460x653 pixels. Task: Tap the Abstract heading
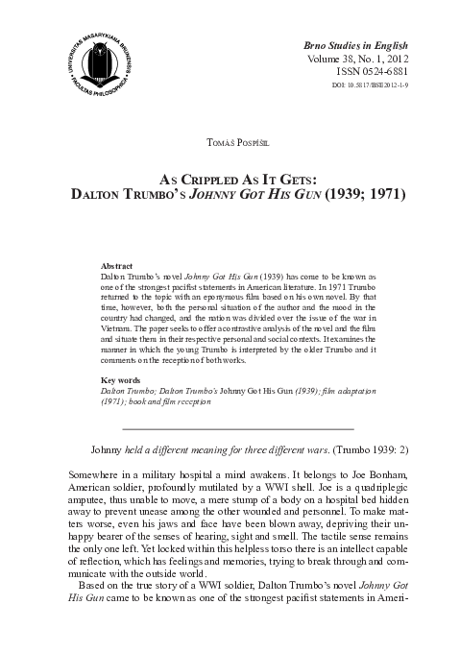tap(119, 262)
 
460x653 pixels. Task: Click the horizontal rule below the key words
tap(231, 426)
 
